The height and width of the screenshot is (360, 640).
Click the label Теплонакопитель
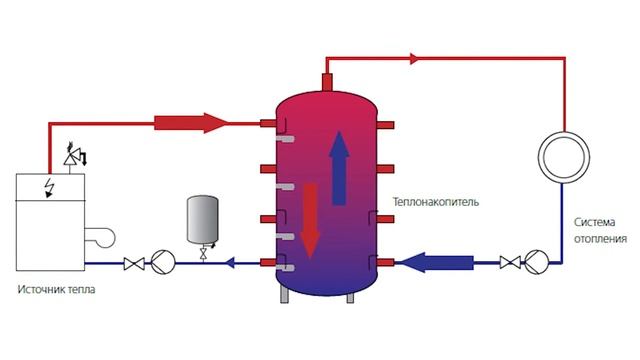(436, 202)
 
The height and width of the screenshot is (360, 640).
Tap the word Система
(594, 222)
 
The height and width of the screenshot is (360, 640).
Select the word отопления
(600, 239)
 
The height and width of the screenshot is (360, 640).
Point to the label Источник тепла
(56, 290)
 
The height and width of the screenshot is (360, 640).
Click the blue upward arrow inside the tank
(339, 168)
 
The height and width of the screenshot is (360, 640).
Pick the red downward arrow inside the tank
(310, 221)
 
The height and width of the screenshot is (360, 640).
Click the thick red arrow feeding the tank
(191, 123)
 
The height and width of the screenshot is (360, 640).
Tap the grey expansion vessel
(202, 220)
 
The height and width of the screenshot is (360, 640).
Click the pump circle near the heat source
(163, 262)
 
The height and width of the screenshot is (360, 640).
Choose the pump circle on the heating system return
(536, 262)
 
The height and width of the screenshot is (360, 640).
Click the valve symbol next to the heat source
(134, 264)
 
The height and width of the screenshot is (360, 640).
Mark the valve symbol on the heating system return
(510, 262)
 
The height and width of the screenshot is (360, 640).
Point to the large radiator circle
(564, 131)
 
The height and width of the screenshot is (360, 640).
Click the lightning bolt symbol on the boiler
(50, 188)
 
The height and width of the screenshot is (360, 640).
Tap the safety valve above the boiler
(71, 158)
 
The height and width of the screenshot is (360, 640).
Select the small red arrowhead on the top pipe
(414, 58)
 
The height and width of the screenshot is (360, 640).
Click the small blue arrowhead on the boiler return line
(231, 263)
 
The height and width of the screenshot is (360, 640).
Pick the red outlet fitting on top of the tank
(328, 82)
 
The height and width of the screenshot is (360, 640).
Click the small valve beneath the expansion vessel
(203, 254)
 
